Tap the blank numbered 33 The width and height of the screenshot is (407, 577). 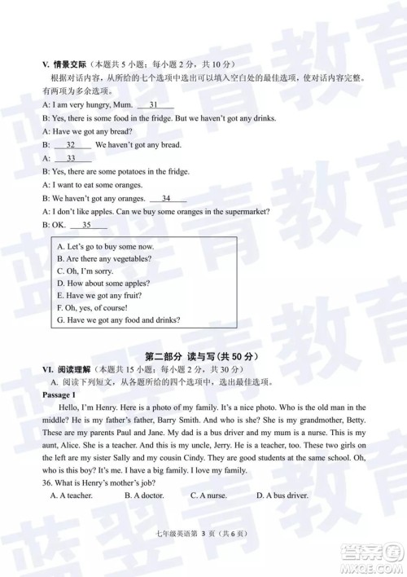(72, 158)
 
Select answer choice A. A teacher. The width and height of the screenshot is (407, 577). (71, 495)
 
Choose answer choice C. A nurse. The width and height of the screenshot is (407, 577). (208, 495)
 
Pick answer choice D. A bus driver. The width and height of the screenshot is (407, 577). (282, 495)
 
